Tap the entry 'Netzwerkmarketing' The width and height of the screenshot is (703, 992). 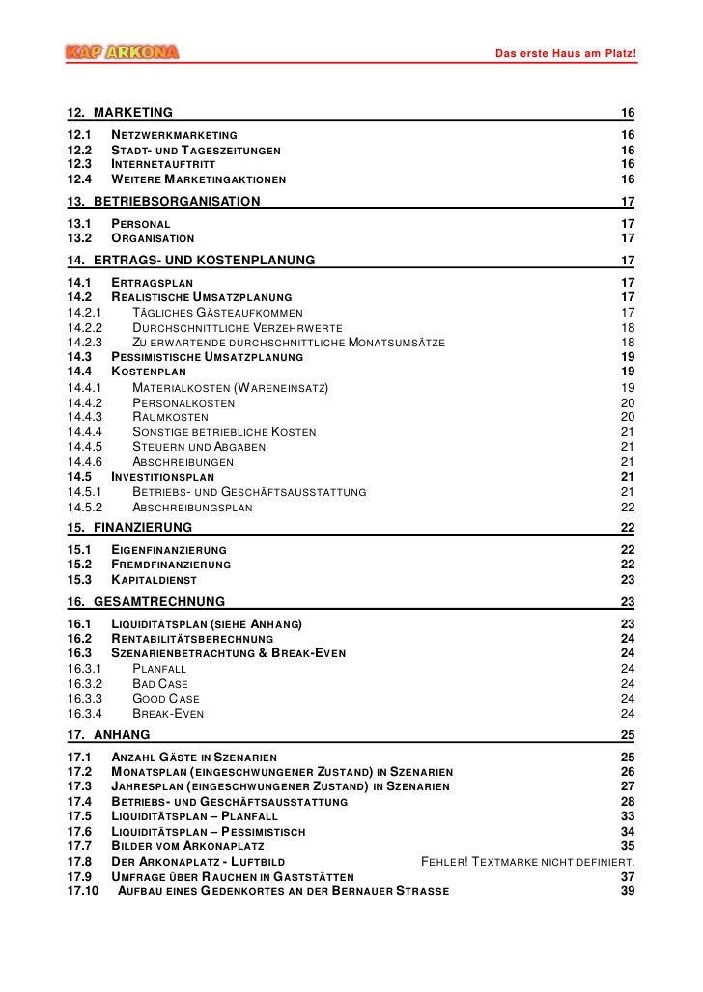175,134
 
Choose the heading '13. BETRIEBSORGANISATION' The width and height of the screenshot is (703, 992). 163,202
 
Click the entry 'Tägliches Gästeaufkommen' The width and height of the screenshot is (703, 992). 216,312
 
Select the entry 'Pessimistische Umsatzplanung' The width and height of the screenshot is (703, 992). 207,357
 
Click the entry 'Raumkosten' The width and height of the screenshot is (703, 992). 169,417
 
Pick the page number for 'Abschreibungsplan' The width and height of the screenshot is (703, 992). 627,507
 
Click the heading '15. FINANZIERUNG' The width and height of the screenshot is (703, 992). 129,527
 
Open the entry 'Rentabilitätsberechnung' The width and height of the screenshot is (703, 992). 192,639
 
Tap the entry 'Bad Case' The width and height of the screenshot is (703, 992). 159,683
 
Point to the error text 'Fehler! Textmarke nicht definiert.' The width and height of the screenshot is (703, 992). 528,861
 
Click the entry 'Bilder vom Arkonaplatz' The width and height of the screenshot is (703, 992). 177,846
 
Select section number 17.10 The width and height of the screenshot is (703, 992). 84,890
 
